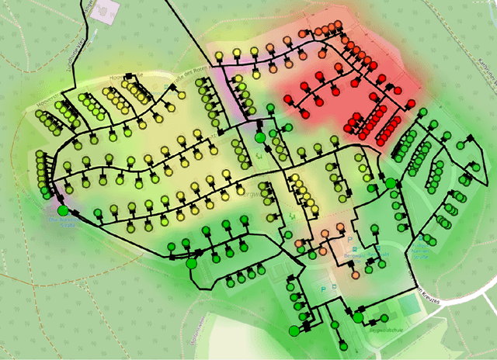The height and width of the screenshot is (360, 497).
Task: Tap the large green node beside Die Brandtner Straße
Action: click(x=63, y=209)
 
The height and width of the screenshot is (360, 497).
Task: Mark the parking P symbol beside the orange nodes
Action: click(x=349, y=239)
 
